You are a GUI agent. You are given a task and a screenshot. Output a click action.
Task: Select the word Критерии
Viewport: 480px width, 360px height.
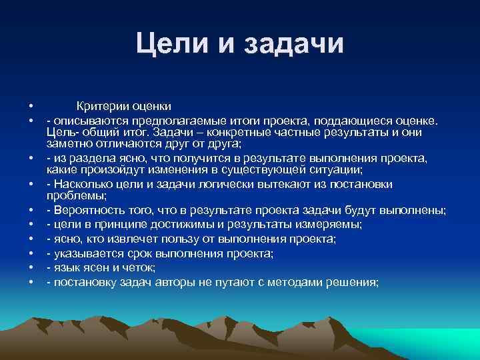click(x=101, y=106)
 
